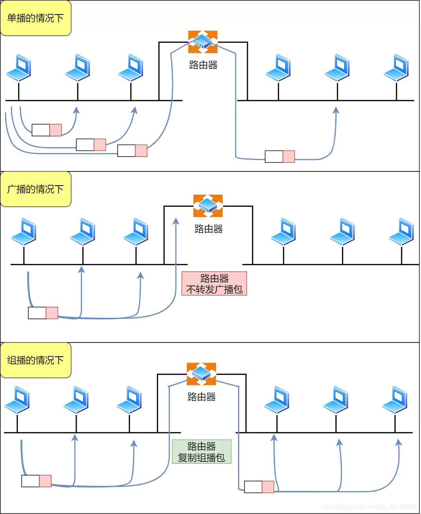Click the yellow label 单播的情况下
pos(35,18)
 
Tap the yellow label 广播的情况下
pos(35,190)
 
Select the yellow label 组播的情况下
pos(35,360)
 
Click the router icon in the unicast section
pos(203,42)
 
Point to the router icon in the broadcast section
pos(208,206)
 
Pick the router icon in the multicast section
pos(201,374)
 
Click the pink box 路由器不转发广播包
pos(214,284)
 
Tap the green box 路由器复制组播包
pos(201,451)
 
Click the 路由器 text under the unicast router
pos(203,65)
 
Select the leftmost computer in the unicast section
pos(19,68)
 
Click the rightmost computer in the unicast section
pos(397,68)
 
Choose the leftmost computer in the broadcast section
pos(24,232)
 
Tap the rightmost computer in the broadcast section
pos(402,232)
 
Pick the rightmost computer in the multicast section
pos(395,400)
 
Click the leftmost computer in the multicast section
pos(17,400)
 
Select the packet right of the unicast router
pos(280,157)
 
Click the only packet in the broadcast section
pos(43,313)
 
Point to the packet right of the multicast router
pos(259,487)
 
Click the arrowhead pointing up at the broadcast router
pos(176,221)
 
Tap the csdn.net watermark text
pos(369,507)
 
